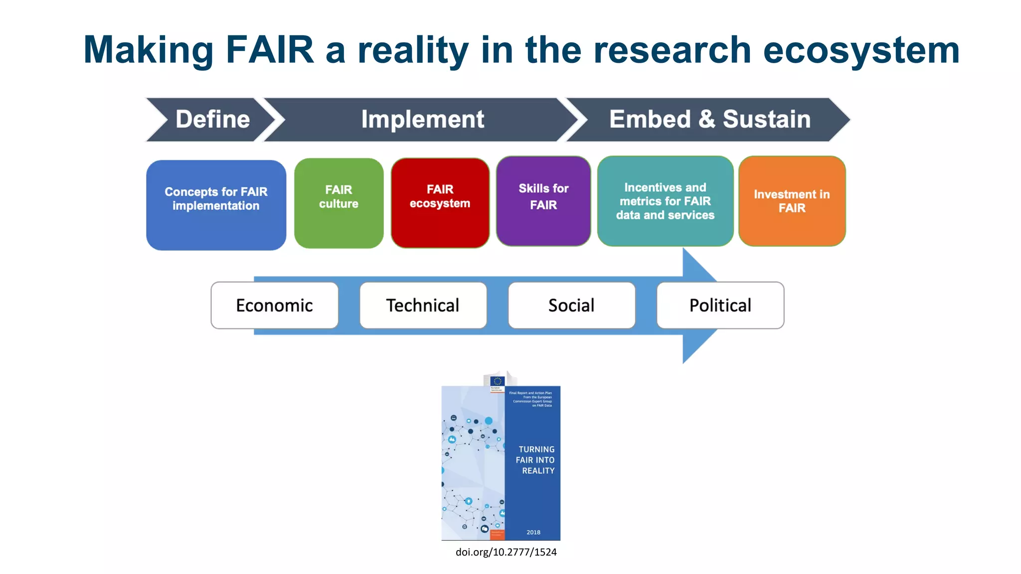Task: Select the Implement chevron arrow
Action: tap(422, 120)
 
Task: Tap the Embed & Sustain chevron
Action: tap(709, 120)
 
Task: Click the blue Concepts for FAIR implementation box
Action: tap(216, 205)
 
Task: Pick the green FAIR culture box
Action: tap(339, 203)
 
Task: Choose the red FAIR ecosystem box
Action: tap(440, 202)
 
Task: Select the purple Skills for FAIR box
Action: tap(543, 201)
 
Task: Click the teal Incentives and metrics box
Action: tap(665, 201)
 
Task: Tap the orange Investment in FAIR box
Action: tap(792, 201)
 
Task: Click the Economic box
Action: tap(274, 305)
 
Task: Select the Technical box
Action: tap(423, 305)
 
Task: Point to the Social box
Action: tap(571, 305)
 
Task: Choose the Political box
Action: tap(720, 305)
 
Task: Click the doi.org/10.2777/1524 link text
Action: tap(506, 552)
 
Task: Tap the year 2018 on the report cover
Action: tap(533, 532)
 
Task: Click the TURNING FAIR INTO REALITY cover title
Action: tap(536, 460)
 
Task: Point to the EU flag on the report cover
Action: tap(497, 381)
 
